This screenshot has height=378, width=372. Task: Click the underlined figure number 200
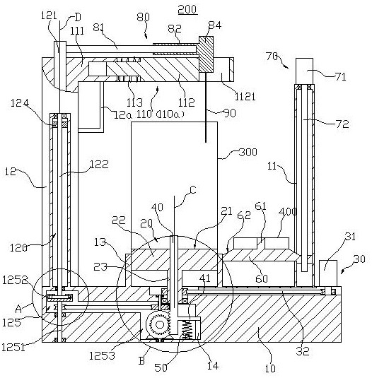pyautogui.click(x=187, y=10)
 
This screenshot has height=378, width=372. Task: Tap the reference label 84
pyautogui.click(x=215, y=25)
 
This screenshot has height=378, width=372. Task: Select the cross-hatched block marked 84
pyautogui.click(x=206, y=54)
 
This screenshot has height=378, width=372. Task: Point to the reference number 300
pyautogui.click(x=248, y=152)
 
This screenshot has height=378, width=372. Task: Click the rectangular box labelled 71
pyautogui.click(x=304, y=71)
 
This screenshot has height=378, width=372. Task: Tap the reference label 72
pyautogui.click(x=342, y=124)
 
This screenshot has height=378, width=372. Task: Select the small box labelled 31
pyautogui.click(x=328, y=273)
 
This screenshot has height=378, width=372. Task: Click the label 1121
pyautogui.click(x=245, y=97)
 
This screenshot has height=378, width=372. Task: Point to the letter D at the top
pyautogui.click(x=78, y=18)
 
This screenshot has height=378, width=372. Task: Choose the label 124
pyautogui.click(x=20, y=103)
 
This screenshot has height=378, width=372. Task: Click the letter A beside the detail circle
pyautogui.click(x=19, y=309)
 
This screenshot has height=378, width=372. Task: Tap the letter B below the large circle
pyautogui.click(x=141, y=361)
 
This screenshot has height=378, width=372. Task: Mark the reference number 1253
pyautogui.click(x=102, y=355)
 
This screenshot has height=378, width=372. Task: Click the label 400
pyautogui.click(x=287, y=212)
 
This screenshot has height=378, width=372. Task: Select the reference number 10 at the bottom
pyautogui.click(x=270, y=368)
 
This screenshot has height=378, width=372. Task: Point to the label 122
pyautogui.click(x=99, y=165)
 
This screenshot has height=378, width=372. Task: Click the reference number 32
pyautogui.click(x=303, y=351)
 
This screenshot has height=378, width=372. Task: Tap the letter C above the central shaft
pyautogui.click(x=193, y=190)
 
